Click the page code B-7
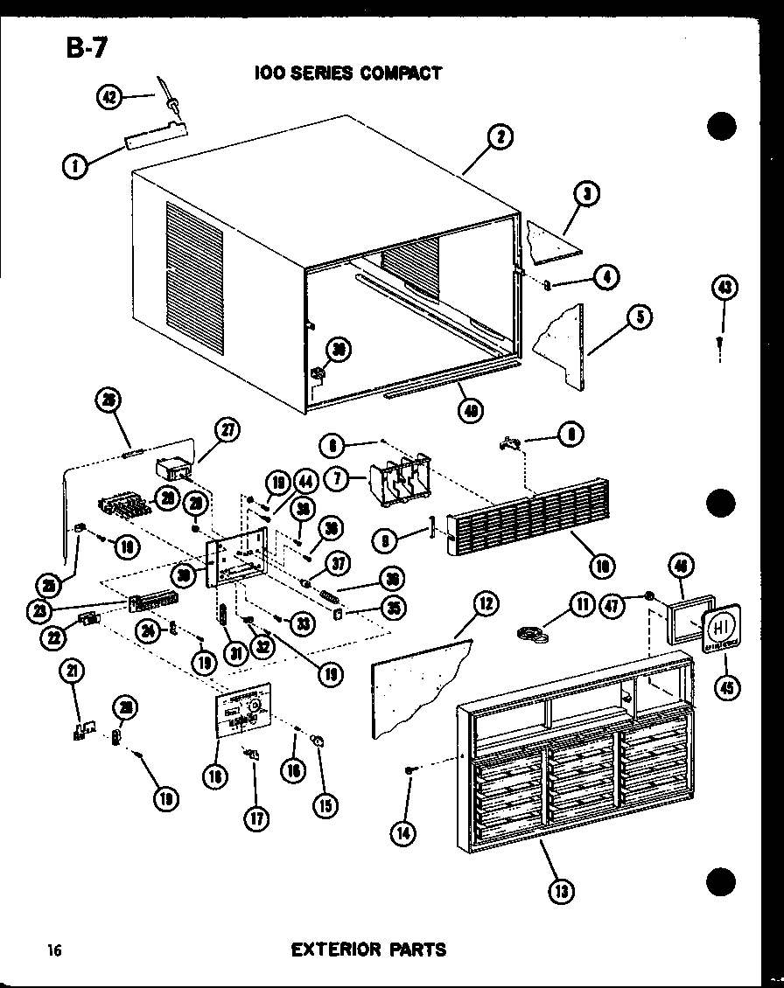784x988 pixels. [x=85, y=48]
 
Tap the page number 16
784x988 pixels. [x=54, y=950]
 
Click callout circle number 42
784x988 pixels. [x=110, y=99]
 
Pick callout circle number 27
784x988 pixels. [x=228, y=430]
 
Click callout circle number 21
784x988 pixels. [x=73, y=671]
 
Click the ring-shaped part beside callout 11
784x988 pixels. [x=532, y=633]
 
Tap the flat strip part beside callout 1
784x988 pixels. [x=156, y=136]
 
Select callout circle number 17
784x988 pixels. [x=256, y=818]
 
